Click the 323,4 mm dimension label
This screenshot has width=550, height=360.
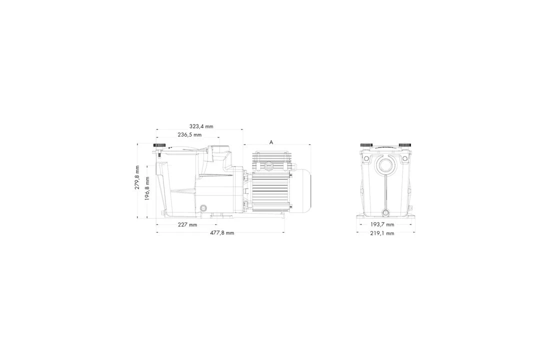(201, 126)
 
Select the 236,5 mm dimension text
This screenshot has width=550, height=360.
(190, 134)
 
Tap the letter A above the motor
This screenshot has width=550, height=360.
(271, 142)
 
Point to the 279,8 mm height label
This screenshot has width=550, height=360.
(137, 177)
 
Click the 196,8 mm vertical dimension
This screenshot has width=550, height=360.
(147, 188)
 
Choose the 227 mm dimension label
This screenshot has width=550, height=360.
(187, 225)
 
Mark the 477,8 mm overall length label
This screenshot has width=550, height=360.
(222, 233)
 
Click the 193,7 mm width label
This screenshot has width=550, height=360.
(382, 224)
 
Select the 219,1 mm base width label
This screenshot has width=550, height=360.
(382, 233)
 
